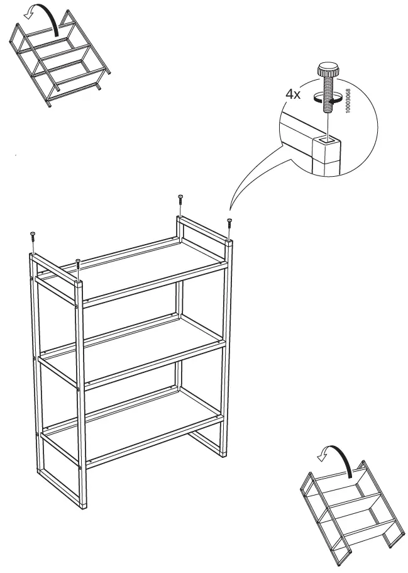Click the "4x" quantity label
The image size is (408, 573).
click(x=293, y=94)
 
